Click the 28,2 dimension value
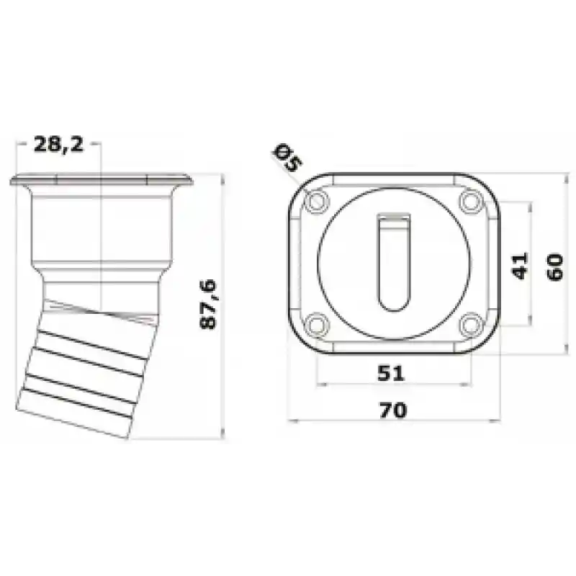(x=59, y=144)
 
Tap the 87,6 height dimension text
(x=208, y=305)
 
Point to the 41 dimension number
(x=519, y=266)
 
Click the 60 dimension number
(x=554, y=267)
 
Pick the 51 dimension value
(x=391, y=373)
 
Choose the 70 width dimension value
(x=393, y=410)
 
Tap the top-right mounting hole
(x=472, y=201)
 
